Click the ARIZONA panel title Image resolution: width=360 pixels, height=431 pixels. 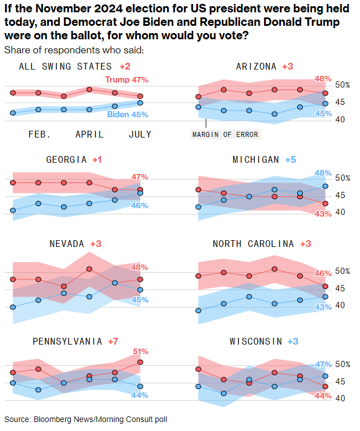click(x=256, y=66)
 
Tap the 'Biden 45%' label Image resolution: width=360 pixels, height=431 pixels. click(x=128, y=114)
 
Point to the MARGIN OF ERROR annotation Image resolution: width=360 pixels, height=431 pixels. click(x=226, y=135)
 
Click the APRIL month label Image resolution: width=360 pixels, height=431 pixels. click(x=90, y=134)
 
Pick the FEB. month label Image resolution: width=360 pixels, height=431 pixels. click(x=40, y=134)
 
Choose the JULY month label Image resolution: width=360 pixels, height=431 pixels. click(x=140, y=134)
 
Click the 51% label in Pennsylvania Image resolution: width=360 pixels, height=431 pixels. click(x=140, y=351)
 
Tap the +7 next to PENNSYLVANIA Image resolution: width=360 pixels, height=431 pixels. click(x=113, y=341)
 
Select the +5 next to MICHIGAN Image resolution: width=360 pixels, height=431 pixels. click(x=290, y=160)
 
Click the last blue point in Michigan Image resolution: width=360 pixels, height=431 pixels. click(x=325, y=186)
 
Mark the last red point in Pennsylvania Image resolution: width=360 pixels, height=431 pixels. click(x=140, y=362)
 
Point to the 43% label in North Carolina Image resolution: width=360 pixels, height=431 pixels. click(x=323, y=307)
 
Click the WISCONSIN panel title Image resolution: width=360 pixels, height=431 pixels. click(x=256, y=341)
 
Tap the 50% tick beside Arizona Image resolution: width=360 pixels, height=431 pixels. click(x=342, y=85)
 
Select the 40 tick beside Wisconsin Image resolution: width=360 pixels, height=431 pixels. click(x=340, y=398)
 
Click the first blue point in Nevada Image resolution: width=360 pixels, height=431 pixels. click(x=13, y=307)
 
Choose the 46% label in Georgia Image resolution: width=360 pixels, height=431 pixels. click(x=140, y=205)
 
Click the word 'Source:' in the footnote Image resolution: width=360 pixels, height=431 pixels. click(x=18, y=419)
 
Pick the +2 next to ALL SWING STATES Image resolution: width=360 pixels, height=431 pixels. click(x=124, y=66)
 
